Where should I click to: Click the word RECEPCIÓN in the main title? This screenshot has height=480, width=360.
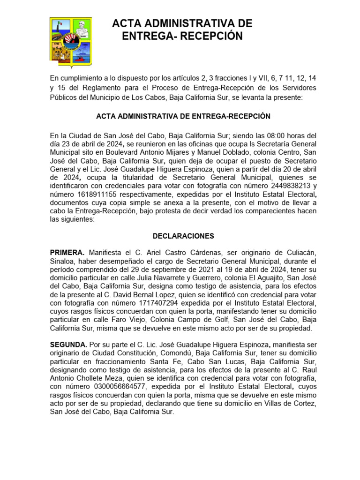pos(210,36)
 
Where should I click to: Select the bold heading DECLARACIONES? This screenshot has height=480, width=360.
pos(183,236)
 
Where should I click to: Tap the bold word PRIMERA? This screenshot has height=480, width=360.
pos(67,253)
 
